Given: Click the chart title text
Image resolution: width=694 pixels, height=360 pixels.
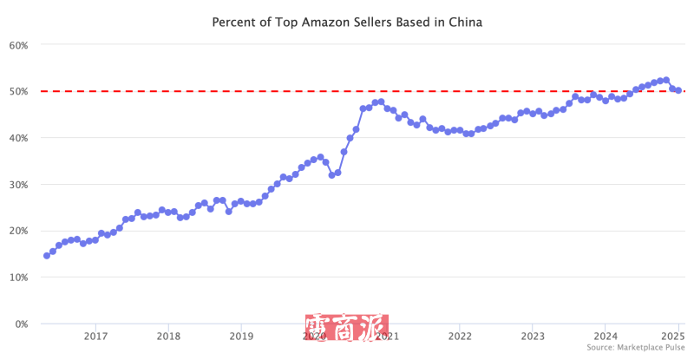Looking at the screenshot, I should click(x=347, y=22).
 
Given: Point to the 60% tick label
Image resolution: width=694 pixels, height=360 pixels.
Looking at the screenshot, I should click(x=18, y=44).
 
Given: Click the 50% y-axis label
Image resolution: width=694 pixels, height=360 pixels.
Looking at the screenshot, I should click(x=18, y=91).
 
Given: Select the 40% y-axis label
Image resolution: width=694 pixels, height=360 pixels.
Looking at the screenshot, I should click(x=18, y=138).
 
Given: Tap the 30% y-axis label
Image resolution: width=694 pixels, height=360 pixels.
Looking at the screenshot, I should click(x=18, y=184).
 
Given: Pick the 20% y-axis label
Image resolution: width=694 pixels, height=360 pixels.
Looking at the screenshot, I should click(x=18, y=231).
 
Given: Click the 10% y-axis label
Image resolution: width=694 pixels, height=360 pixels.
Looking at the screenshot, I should click(x=18, y=278).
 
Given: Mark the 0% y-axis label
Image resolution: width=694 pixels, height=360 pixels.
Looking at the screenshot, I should click(x=21, y=324).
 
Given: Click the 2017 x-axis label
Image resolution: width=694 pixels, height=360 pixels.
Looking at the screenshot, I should click(x=95, y=337).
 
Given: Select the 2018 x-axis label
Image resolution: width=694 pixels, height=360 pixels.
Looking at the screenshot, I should click(x=168, y=337).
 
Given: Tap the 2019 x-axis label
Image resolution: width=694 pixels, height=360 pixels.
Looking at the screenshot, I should click(x=241, y=337).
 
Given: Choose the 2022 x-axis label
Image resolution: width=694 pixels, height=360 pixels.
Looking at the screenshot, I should click(x=460, y=337).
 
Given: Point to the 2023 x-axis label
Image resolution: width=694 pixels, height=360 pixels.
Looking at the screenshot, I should click(x=533, y=337).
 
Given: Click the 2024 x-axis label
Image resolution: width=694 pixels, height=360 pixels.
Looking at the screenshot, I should click(x=606, y=337).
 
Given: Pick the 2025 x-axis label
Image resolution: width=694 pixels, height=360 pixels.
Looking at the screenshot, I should click(x=672, y=337).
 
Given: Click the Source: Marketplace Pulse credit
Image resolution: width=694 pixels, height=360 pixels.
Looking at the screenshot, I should click(x=636, y=348).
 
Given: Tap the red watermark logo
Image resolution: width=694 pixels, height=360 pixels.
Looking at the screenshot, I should click(x=346, y=328).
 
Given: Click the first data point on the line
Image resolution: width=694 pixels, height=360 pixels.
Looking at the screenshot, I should click(x=47, y=256).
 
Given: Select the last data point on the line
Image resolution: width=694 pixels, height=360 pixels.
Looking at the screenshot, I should click(x=678, y=90).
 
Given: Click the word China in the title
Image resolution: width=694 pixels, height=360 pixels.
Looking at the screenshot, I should click(x=465, y=22).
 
